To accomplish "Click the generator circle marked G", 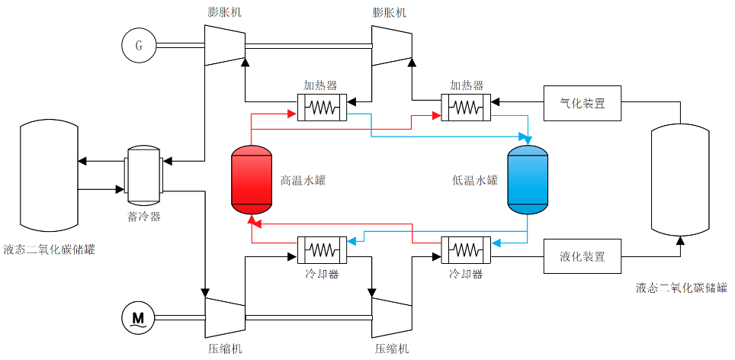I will (139, 46).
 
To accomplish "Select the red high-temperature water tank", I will (251, 179).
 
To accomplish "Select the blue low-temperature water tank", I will (528, 179).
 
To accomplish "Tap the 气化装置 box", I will (583, 103).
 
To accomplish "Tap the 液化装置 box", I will (583, 256).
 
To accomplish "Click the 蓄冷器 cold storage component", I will (143, 175).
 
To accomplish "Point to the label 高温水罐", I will (303, 181).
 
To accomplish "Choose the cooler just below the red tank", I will (321, 249).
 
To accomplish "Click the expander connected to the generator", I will (225, 45).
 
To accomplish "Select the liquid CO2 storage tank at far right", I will (681, 180).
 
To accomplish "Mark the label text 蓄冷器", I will (143, 217).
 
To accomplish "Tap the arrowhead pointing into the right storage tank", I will (681, 240).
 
